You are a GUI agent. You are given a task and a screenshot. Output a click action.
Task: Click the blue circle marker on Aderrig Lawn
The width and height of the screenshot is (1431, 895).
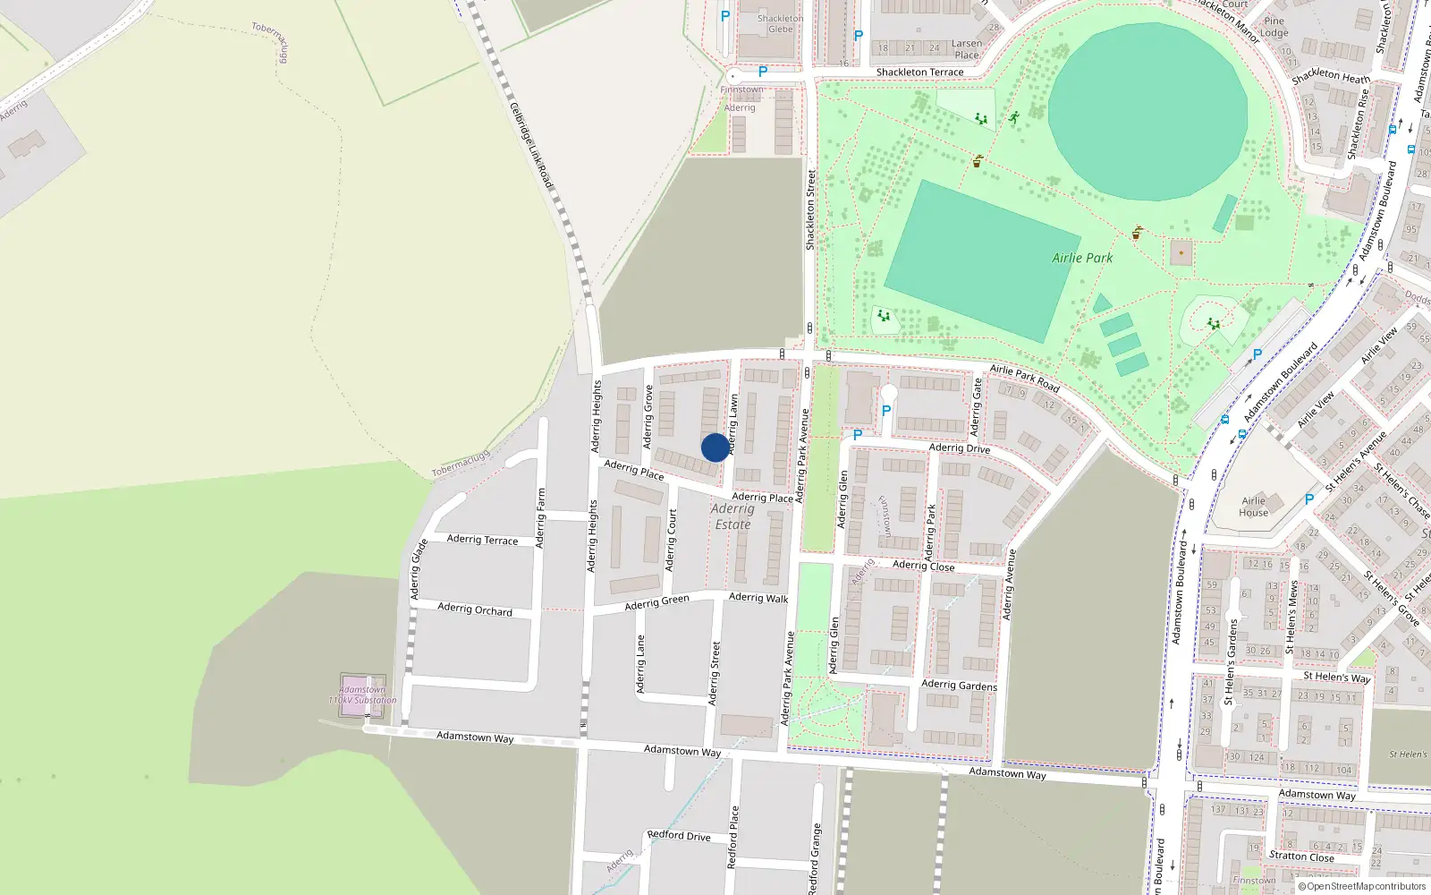tap(715, 447)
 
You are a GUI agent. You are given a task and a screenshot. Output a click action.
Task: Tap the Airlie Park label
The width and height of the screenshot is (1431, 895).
tap(1082, 258)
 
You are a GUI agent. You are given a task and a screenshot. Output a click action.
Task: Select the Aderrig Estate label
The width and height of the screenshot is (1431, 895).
tap(732, 516)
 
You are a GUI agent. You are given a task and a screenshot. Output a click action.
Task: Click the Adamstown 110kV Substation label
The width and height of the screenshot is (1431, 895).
tap(362, 695)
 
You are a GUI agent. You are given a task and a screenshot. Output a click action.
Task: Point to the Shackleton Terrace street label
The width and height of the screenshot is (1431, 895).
tap(919, 72)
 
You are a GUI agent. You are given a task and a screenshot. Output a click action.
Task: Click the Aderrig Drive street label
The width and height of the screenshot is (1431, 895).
tap(959, 447)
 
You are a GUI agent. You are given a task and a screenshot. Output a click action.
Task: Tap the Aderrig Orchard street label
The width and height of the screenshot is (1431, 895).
tap(475, 609)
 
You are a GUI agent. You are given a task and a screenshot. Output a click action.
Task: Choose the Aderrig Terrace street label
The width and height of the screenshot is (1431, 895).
tap(482, 540)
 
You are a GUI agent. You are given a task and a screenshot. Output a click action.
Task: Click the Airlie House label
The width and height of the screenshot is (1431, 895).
tap(1253, 507)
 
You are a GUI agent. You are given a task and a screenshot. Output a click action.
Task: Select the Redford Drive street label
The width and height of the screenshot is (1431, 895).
tap(679, 836)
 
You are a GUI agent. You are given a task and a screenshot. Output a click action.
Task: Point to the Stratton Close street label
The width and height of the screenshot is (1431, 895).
tap(1301, 857)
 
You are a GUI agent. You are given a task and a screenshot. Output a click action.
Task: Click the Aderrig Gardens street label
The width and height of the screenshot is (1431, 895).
tap(959, 685)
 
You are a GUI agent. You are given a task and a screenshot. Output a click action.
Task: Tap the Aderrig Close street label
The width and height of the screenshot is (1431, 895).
tap(923, 566)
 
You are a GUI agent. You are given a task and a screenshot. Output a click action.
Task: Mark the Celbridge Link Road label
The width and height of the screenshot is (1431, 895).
tap(531, 145)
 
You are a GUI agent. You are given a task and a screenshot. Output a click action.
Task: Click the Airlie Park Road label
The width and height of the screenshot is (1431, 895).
tap(1024, 379)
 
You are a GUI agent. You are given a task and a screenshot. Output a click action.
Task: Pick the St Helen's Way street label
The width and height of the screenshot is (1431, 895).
tap(1336, 677)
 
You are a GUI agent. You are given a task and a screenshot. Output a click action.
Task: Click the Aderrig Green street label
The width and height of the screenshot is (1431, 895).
tap(656, 602)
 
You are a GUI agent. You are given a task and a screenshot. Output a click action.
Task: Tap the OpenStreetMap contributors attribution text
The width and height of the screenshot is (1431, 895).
tap(1362, 887)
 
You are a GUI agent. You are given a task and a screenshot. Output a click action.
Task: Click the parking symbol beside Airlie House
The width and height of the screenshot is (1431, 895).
tap(1309, 499)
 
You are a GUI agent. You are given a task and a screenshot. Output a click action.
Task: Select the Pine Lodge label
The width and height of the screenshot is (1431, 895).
tap(1274, 27)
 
